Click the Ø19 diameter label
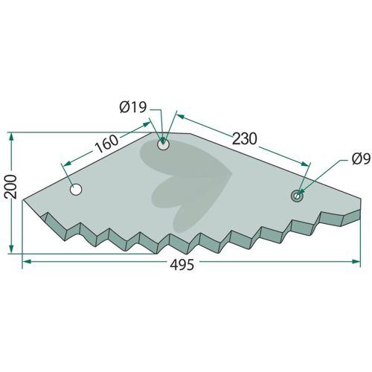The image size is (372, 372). pyautogui.click(x=133, y=107)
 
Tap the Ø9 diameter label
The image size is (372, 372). pyautogui.click(x=361, y=158)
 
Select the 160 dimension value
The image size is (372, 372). pyautogui.click(x=106, y=144)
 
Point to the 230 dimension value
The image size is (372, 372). pyautogui.click(x=245, y=138)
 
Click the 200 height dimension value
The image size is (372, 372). pyautogui.click(x=11, y=187)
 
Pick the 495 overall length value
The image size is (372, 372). pyautogui.click(x=182, y=265)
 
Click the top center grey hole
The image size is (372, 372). pyautogui.click(x=163, y=144)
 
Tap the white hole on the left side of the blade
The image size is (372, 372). pyautogui.click(x=76, y=190)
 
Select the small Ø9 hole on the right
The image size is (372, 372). pyautogui.click(x=297, y=196)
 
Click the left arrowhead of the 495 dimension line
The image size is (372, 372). pyautogui.click(x=27, y=261)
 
